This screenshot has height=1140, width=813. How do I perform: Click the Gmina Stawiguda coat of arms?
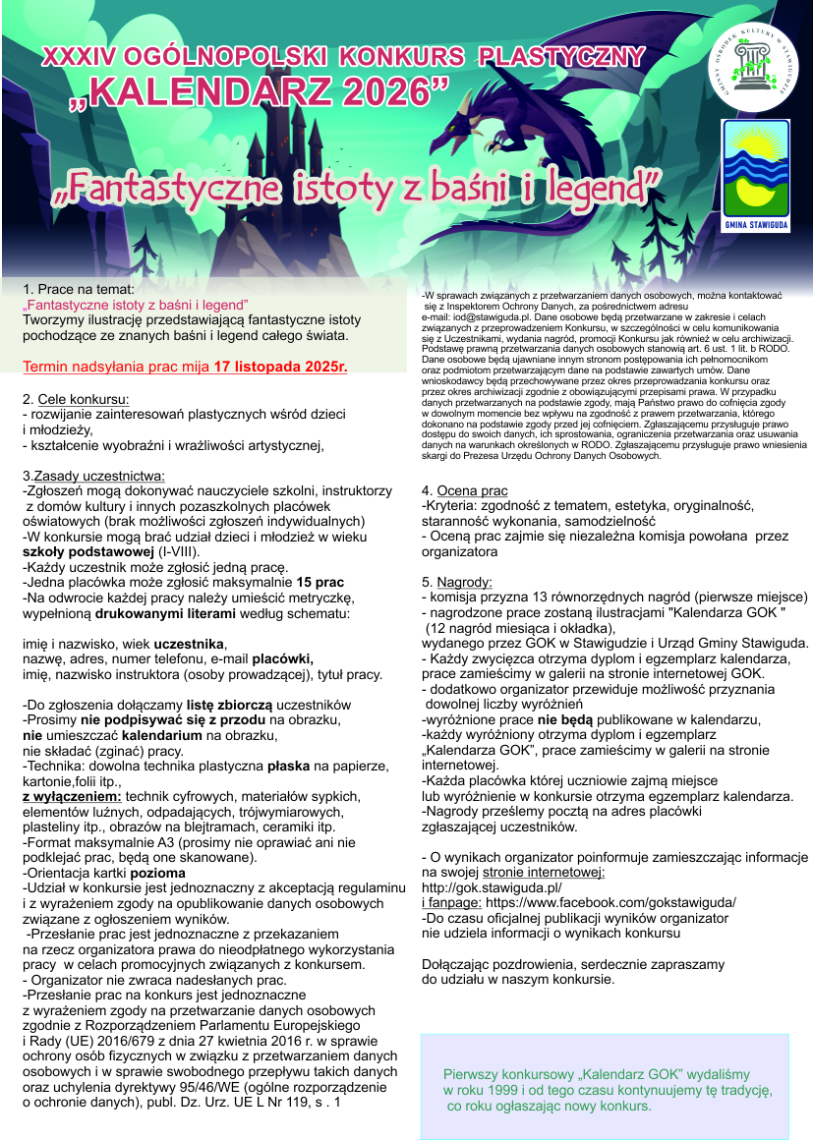click(756, 174)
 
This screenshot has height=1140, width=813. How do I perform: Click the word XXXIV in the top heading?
click(74, 58)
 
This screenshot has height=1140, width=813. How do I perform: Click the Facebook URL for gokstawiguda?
click(610, 901)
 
